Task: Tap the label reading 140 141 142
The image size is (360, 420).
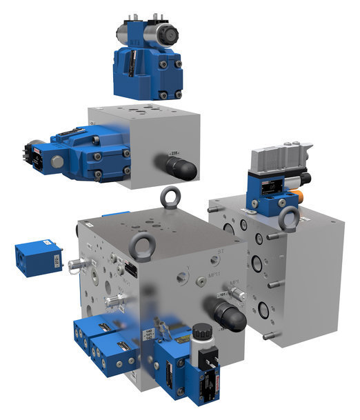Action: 150,337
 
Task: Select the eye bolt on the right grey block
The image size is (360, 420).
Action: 290,219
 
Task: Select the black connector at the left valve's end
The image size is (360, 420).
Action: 31,154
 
